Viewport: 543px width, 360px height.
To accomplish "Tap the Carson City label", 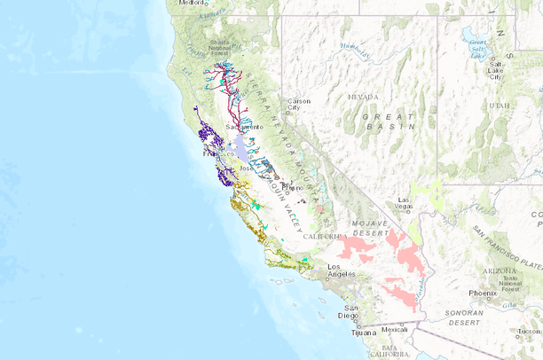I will pos(297,105).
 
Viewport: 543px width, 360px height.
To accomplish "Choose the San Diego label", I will pos(347,310).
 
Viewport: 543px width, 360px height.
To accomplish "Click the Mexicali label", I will pos(395,329).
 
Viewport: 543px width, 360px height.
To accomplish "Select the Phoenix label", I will pos(483,293).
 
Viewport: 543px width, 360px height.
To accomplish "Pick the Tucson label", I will pos(530,331).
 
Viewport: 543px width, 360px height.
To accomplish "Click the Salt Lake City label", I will pos(494,71).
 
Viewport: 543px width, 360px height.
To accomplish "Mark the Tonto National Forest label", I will pos(508,282).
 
